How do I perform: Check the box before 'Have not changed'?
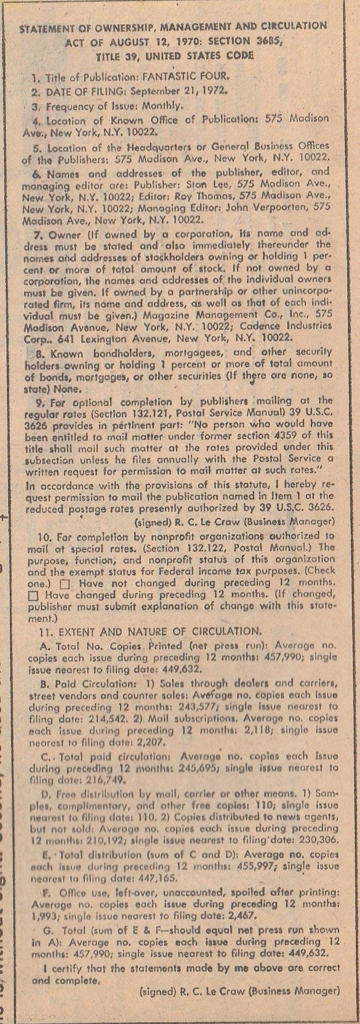(x=65, y=584)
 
